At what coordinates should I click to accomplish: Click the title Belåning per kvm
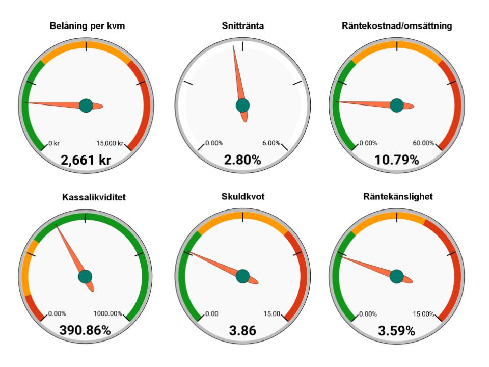[x=87, y=26]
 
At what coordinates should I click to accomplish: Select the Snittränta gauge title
[x=242, y=25]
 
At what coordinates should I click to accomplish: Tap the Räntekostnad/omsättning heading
[x=397, y=26]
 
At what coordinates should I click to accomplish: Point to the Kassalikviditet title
[x=94, y=197]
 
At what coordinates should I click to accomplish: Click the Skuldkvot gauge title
[x=242, y=197]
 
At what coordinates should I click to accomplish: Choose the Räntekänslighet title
[x=398, y=197]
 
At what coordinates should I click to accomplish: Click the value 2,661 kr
[x=86, y=160]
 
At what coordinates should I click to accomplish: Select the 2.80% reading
[x=242, y=160]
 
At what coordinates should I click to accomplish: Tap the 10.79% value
[x=397, y=160]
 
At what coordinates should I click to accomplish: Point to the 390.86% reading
[x=85, y=330]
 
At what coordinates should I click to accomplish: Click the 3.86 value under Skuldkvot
[x=242, y=330]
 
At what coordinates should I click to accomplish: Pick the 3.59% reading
[x=396, y=331]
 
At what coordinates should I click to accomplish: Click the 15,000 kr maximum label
[x=110, y=143]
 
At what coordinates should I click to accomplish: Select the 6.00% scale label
[x=271, y=143]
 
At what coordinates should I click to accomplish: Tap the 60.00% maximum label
[x=423, y=143]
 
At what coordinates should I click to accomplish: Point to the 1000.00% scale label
[x=107, y=313]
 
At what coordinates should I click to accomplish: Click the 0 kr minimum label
[x=54, y=143]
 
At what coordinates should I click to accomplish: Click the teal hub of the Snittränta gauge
[x=242, y=106]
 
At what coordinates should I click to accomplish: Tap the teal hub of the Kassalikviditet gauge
[x=85, y=276]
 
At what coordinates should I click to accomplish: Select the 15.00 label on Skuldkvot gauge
[x=271, y=313]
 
